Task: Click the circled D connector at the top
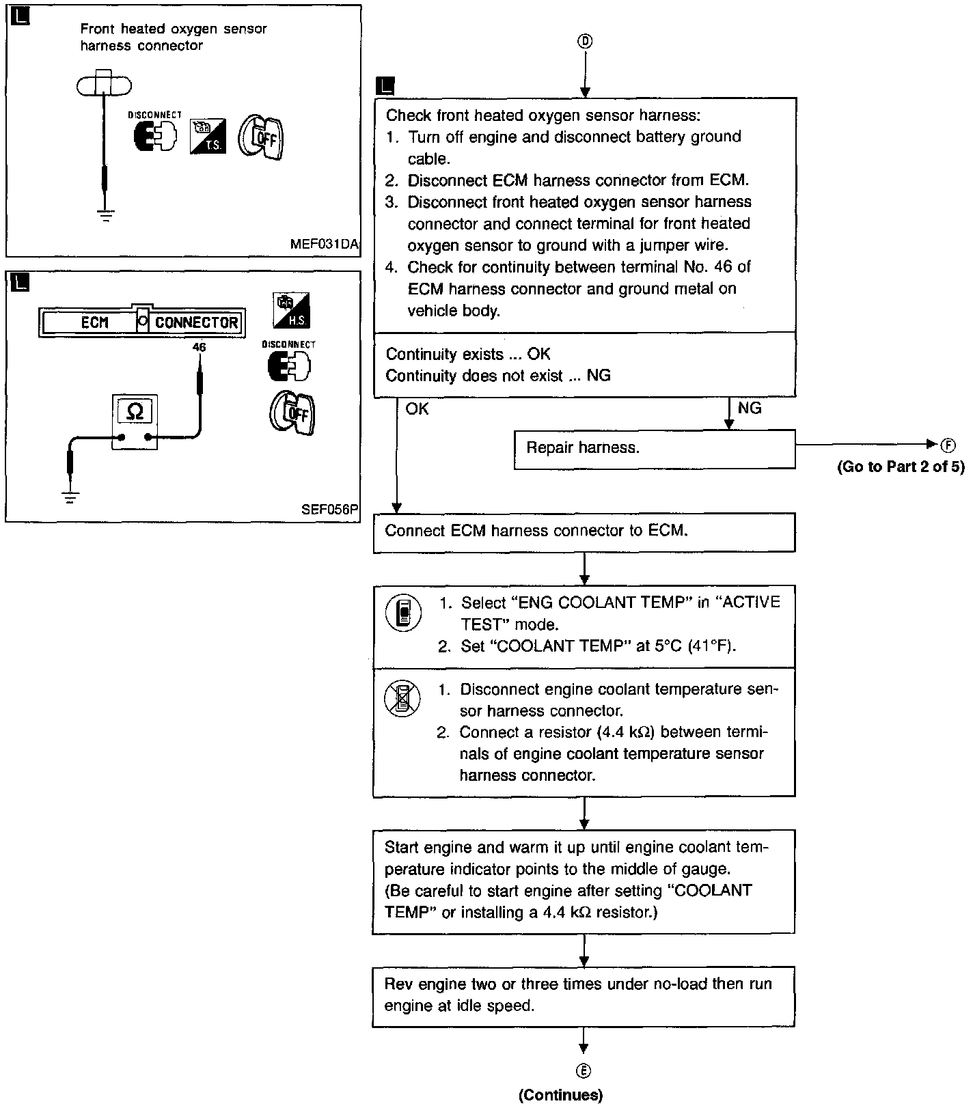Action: point(585,42)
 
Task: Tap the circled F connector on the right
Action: point(948,445)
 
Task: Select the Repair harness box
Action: point(654,449)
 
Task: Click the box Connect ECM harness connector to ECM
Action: point(584,532)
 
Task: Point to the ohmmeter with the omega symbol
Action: point(135,421)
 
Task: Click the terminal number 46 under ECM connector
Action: point(199,347)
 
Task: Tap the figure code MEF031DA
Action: point(324,245)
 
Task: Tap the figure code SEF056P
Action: point(329,510)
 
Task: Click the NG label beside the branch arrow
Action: point(750,408)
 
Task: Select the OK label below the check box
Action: point(417,408)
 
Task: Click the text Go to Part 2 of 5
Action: point(901,467)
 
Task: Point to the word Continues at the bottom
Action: point(560,1095)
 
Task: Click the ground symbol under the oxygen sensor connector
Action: point(105,216)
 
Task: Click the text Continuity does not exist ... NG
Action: point(498,376)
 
